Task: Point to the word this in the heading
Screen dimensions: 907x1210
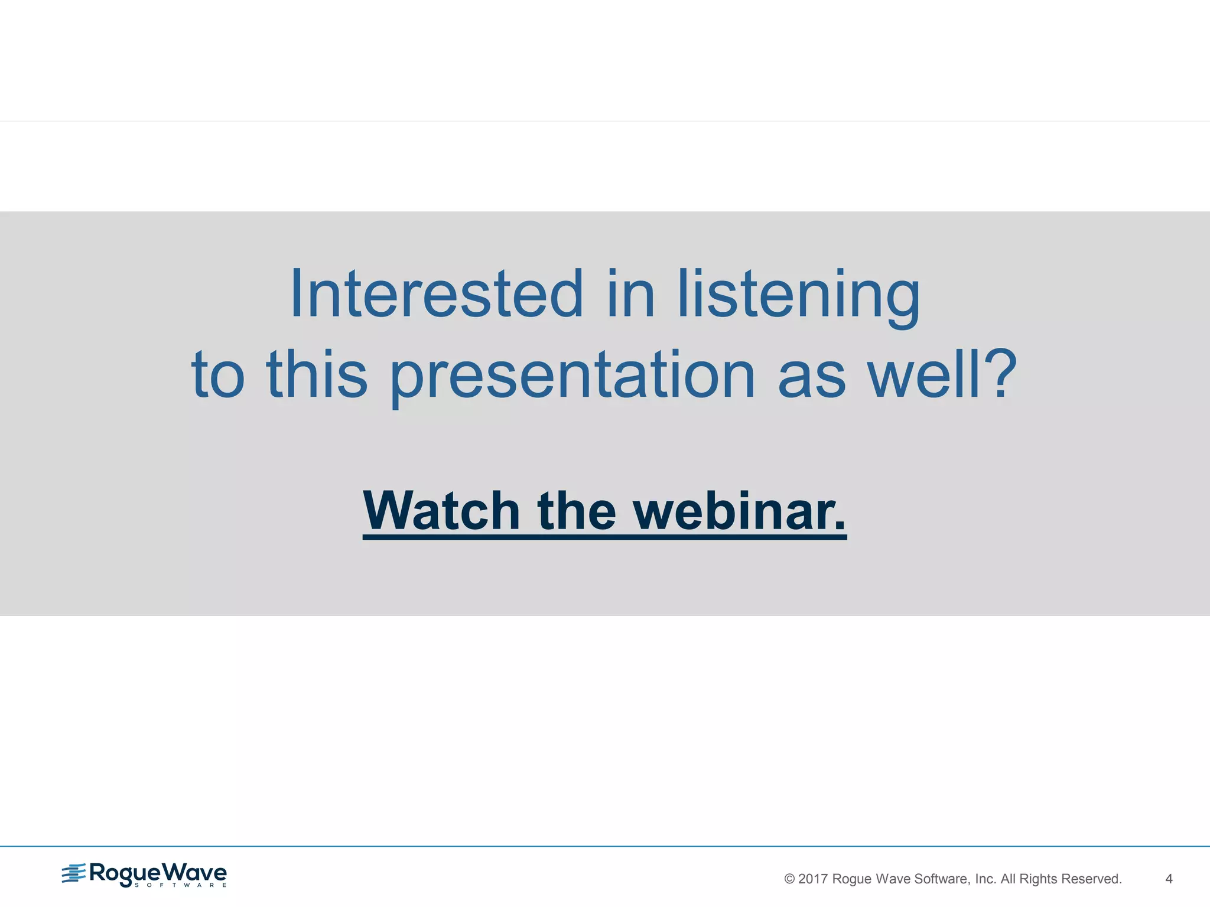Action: point(317,373)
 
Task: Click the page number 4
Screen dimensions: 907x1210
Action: point(1169,879)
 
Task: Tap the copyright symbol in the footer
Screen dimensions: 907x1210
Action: point(789,879)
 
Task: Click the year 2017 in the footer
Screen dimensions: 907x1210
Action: point(813,879)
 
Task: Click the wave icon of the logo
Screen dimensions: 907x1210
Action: point(74,873)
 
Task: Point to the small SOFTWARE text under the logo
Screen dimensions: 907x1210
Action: point(180,885)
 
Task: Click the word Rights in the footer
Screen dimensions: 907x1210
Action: point(1038,879)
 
